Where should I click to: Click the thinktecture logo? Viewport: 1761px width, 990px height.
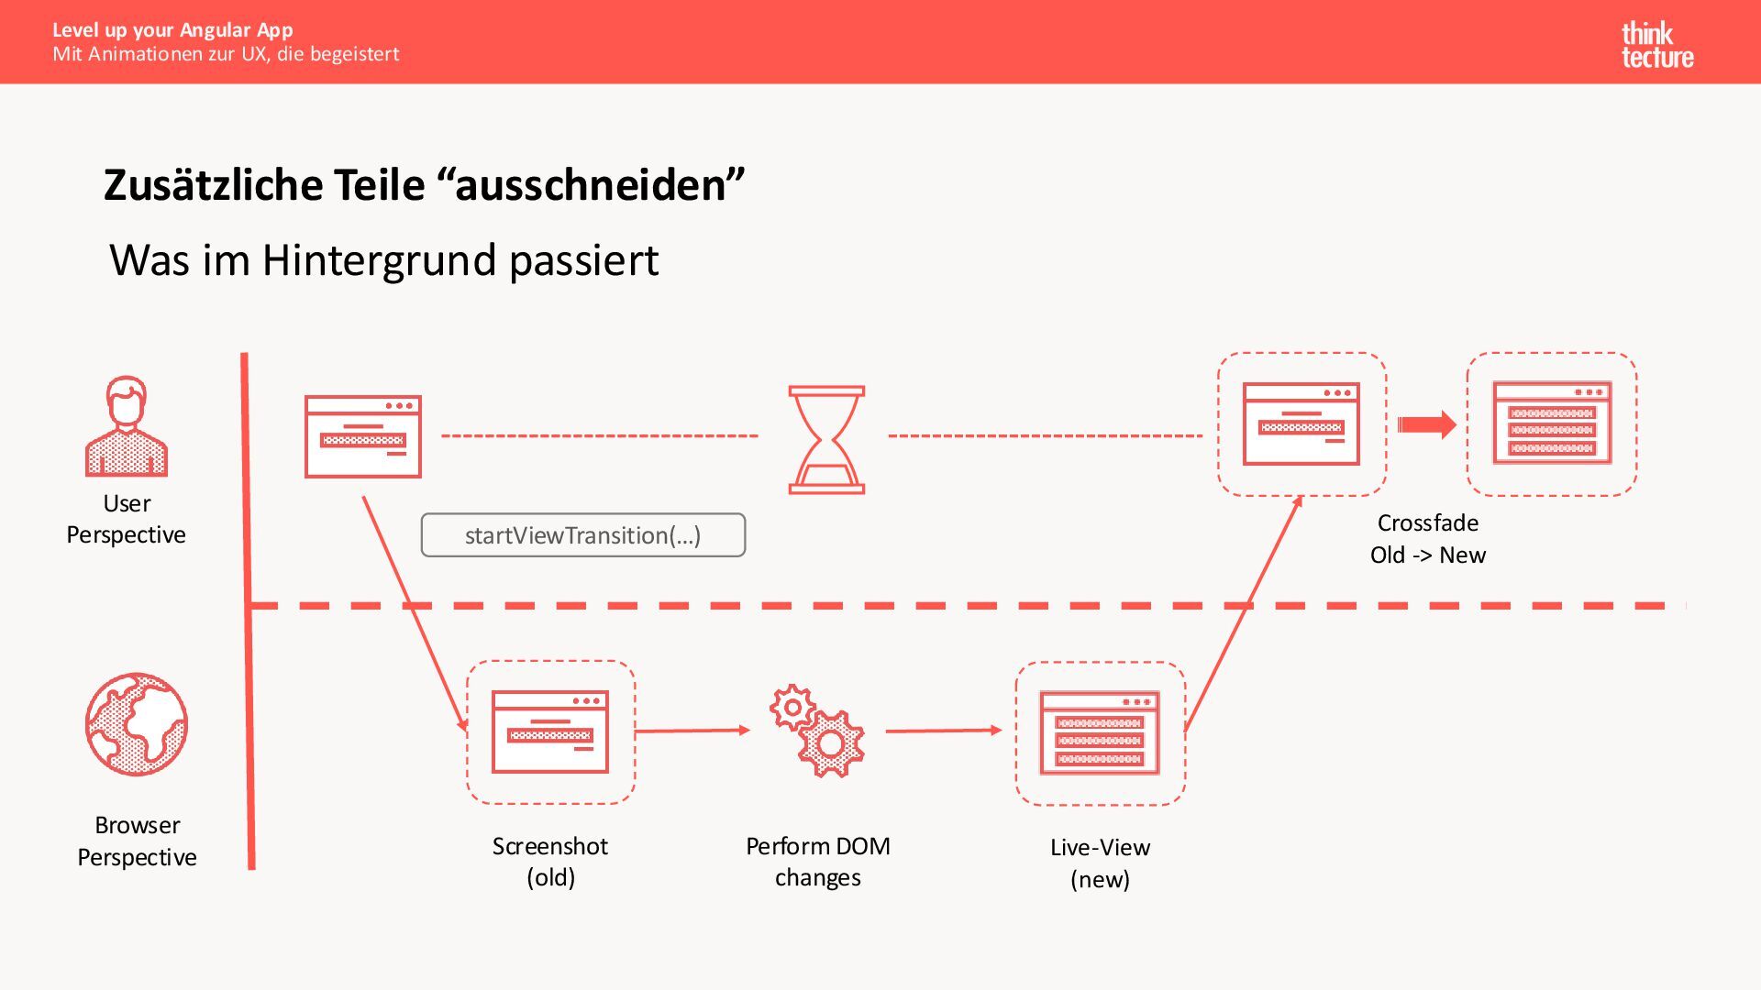[1656, 46]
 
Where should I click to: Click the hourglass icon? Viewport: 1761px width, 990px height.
[826, 440]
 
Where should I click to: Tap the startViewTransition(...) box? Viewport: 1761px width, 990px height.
[583, 535]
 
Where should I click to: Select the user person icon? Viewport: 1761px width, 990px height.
[127, 426]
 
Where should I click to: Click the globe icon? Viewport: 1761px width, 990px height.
[137, 724]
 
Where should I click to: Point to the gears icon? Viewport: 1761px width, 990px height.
[817, 731]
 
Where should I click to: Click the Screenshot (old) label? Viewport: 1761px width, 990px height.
[550, 861]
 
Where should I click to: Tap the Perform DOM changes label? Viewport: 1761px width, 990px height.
[817, 861]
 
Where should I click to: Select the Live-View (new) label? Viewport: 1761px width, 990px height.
[1100, 863]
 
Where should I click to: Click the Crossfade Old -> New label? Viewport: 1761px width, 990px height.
[1427, 539]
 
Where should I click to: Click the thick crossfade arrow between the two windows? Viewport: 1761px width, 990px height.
[1426, 424]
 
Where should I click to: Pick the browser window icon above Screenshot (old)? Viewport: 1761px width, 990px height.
[550, 731]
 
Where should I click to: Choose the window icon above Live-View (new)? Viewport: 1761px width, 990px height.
[1100, 733]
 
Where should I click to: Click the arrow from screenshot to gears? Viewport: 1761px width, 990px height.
[692, 731]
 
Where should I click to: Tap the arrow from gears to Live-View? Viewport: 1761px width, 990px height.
[944, 731]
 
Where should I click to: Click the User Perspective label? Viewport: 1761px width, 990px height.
[127, 519]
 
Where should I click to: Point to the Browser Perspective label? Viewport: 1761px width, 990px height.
[137, 841]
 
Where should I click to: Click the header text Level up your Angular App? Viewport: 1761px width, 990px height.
[172, 30]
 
